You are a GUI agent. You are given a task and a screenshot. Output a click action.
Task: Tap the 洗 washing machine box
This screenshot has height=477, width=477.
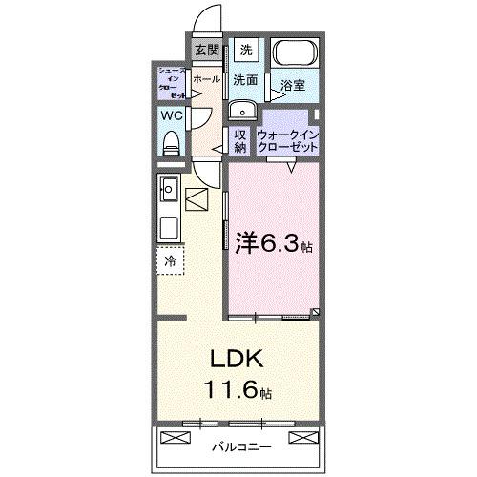pyautogui.click(x=245, y=51)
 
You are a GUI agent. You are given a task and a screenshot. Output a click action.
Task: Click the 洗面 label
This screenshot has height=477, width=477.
pyautogui.click(x=245, y=81)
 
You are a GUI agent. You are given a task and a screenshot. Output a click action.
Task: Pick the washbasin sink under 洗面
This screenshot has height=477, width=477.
pyautogui.click(x=240, y=107)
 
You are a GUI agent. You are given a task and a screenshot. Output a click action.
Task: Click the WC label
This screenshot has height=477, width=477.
pyautogui.click(x=171, y=115)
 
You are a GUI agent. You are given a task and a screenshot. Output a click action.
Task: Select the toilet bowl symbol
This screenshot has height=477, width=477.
pyautogui.click(x=172, y=141)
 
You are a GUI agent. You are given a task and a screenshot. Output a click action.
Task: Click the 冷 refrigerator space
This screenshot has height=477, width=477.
pyautogui.click(x=170, y=259)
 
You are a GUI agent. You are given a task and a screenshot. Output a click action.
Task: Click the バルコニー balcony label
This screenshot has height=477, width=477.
pyautogui.click(x=238, y=445)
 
